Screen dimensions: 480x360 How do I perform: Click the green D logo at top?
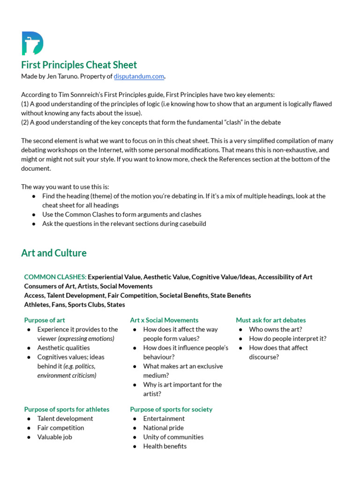[x=32, y=44]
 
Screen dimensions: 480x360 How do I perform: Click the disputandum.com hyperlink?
[x=139, y=76]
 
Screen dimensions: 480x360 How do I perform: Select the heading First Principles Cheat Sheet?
[x=79, y=65]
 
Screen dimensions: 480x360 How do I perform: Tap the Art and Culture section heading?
[x=54, y=253]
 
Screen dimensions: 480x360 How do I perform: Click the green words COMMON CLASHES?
[x=55, y=277]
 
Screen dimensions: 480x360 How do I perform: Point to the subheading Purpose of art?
[x=45, y=320]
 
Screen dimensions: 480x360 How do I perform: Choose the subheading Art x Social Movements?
[x=164, y=320]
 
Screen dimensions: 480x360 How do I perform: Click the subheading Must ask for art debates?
[x=270, y=320]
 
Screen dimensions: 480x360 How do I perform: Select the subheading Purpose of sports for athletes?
[x=67, y=409]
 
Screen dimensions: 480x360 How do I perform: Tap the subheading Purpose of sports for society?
[x=171, y=409]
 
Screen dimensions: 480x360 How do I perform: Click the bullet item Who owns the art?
[x=276, y=330]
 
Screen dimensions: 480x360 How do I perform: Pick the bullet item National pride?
[x=163, y=427]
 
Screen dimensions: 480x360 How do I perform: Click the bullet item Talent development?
[x=65, y=419]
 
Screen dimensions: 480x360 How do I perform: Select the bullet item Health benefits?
[x=165, y=446]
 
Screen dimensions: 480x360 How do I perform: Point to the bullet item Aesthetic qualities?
[x=63, y=348]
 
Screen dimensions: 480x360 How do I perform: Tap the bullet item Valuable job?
[x=55, y=437]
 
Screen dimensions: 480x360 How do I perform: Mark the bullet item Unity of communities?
[x=173, y=437]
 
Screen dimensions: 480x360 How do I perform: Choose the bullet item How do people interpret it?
[x=288, y=338]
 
